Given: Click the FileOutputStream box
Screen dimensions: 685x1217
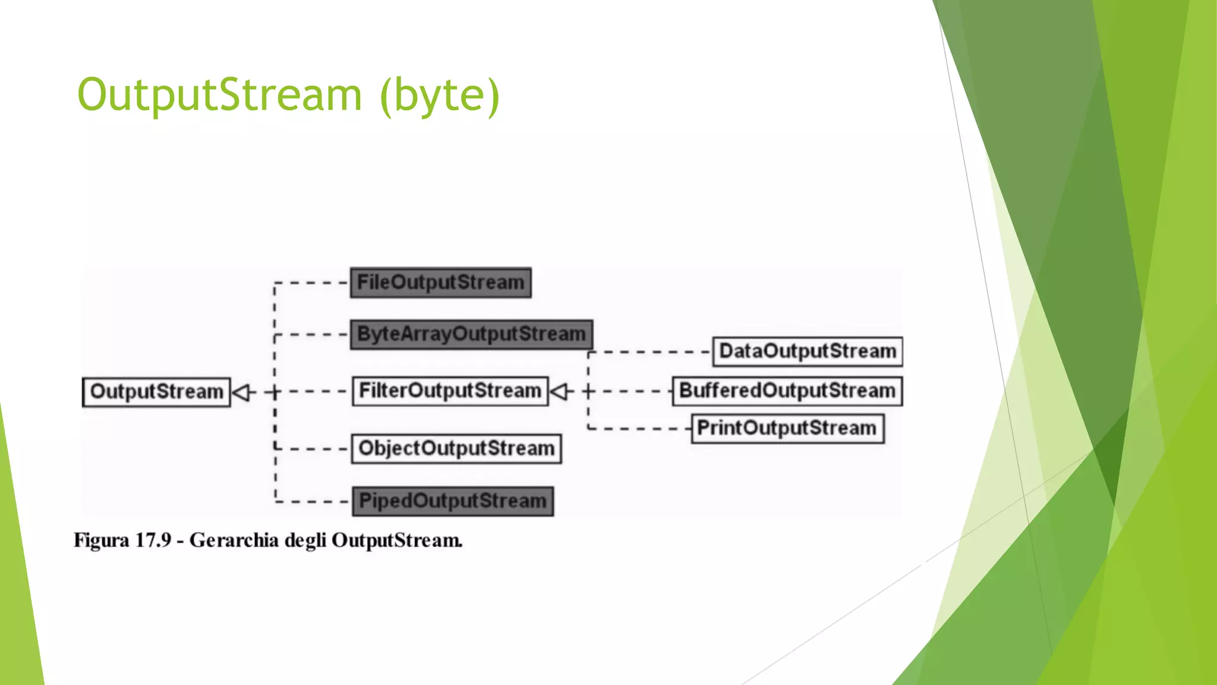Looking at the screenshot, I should [440, 282].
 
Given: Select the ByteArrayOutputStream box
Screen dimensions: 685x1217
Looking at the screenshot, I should [471, 334].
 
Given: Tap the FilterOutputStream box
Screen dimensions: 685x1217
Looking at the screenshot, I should [450, 391].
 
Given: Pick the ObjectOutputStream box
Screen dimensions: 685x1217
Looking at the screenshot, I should [456, 448].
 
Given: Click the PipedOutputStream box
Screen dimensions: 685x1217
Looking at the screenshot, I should [452, 501].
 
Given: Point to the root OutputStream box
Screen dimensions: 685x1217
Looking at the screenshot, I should [156, 392].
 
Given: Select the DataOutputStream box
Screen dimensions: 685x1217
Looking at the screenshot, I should [807, 351].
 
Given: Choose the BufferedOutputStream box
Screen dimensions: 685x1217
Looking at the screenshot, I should [787, 391].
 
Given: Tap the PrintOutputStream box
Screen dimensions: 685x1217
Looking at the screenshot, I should [787, 428].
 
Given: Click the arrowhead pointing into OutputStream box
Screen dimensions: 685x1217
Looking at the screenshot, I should [240, 392].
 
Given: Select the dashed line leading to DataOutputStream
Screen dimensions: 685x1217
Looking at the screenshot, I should [651, 352].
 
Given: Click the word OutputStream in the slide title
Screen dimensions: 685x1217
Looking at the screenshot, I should [219, 95].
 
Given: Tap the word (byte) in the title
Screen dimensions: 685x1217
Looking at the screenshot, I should [440, 95].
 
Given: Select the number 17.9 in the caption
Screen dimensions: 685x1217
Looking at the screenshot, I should [153, 541].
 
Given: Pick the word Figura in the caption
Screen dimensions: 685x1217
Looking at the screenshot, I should [101, 541].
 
